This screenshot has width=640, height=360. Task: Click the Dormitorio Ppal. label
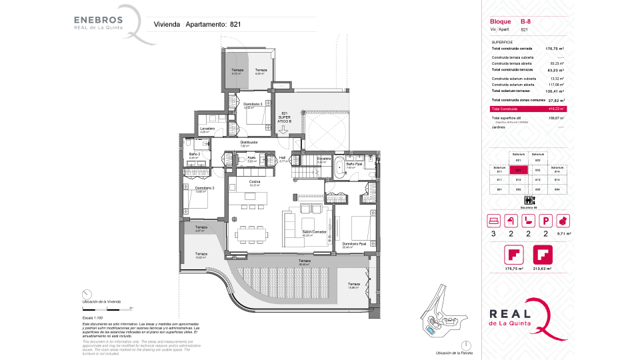tap(353, 245)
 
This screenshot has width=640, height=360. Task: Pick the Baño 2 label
tap(195, 155)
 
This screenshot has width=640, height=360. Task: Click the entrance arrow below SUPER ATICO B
tap(285, 131)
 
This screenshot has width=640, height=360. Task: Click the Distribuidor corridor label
tap(249, 142)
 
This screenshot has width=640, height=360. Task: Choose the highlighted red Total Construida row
tap(527, 109)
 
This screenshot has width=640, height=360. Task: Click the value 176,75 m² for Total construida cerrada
tap(555, 49)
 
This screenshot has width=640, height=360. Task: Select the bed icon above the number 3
tap(493, 220)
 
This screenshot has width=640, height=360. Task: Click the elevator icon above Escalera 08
tap(528, 200)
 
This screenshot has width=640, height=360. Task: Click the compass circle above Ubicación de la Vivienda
tap(85, 295)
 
